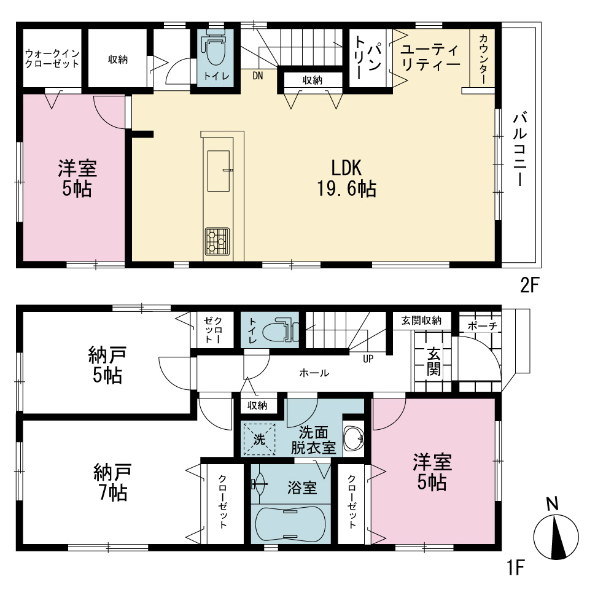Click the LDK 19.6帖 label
346,178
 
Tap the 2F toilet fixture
214,47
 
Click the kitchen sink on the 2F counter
219,171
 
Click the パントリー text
367,58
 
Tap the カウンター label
483,59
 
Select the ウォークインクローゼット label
52,59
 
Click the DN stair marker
258,76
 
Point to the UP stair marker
368,359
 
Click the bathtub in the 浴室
290,524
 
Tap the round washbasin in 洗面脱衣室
354,438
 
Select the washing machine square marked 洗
259,440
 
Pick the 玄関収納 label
421,321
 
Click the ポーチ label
482,326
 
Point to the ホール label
314,373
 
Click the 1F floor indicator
516,567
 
